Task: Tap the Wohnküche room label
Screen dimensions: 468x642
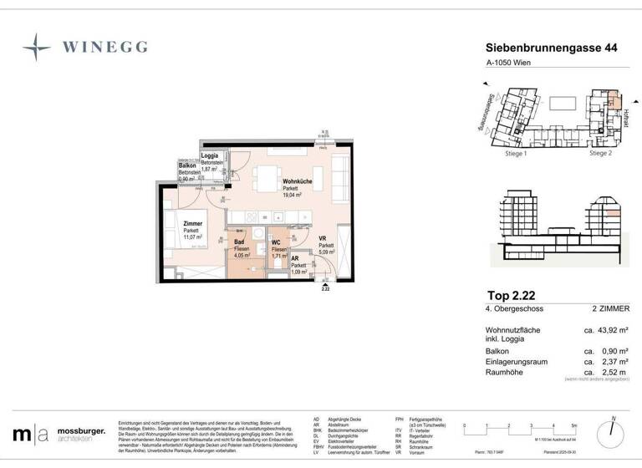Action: pyautogui.click(x=298, y=181)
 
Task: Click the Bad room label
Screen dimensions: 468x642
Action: pyautogui.click(x=239, y=242)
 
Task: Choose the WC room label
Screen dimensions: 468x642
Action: pyautogui.click(x=276, y=243)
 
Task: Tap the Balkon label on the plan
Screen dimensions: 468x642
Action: pyautogui.click(x=187, y=165)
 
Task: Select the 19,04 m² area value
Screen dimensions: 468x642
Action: pyautogui.click(x=296, y=198)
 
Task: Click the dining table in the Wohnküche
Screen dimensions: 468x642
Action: pyautogui.click(x=267, y=180)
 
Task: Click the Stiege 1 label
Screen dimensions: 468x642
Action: pyautogui.click(x=516, y=154)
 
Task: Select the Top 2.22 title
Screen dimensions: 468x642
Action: pyautogui.click(x=512, y=296)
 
